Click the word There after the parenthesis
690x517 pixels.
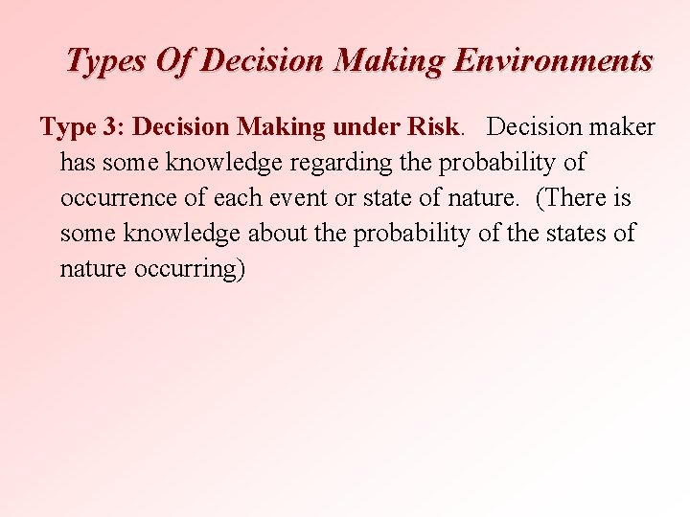click(x=589, y=198)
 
